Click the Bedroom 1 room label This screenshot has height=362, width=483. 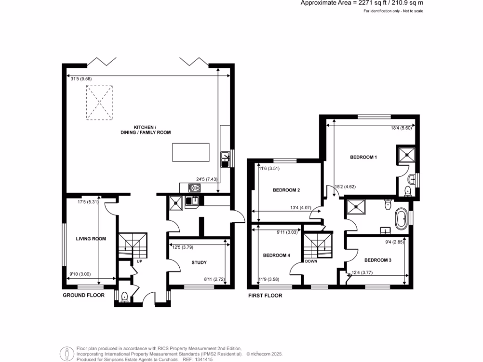click(x=363, y=157)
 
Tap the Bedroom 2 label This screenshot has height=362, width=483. click(x=287, y=190)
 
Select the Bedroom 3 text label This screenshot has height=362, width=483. click(x=378, y=260)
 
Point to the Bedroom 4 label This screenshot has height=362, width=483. click(x=276, y=255)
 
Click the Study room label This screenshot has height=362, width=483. click(x=200, y=263)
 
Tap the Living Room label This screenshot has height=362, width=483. click(x=91, y=239)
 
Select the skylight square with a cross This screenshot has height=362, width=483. click(x=99, y=103)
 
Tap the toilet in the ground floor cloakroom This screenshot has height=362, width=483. click(x=125, y=297)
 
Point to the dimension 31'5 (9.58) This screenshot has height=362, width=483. click(x=82, y=79)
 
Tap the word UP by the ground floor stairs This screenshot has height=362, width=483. click(x=139, y=261)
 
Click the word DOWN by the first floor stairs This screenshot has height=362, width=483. click(x=311, y=261)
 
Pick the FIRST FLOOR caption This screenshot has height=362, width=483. click(x=265, y=296)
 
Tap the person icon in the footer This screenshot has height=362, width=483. click(x=67, y=353)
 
